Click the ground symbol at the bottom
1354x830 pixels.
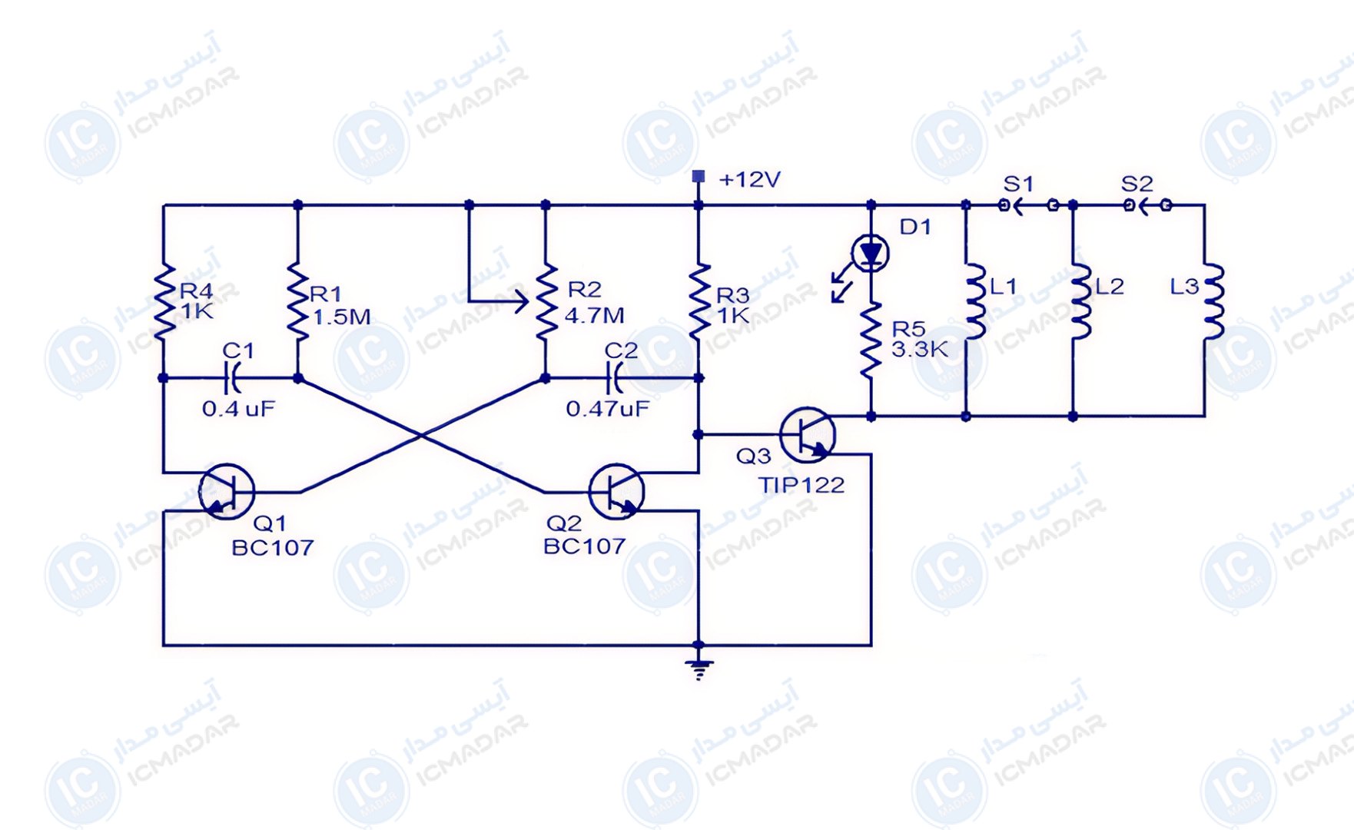[x=698, y=669]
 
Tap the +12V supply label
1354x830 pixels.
[x=749, y=180]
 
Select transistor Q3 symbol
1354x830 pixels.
[x=807, y=434]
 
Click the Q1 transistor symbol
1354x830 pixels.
[x=227, y=491]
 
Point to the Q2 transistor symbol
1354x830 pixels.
[x=616, y=491]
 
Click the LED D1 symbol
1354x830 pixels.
[x=870, y=253]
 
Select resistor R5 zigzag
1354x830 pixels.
[x=871, y=340]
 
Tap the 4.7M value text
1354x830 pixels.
[x=594, y=315]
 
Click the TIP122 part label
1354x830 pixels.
[x=801, y=485]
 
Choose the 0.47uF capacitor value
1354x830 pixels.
[x=607, y=408]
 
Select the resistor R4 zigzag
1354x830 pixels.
[x=164, y=301]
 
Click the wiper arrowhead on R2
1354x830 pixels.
[x=523, y=300]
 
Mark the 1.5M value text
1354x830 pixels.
[x=341, y=317]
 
